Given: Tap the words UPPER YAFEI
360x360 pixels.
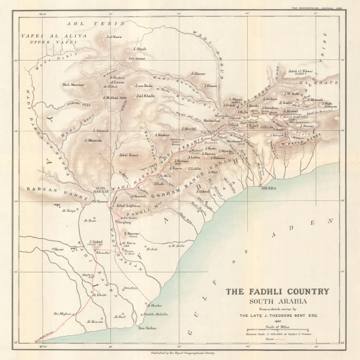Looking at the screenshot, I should tap(41, 43).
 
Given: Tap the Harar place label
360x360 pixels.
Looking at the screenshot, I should tap(58, 248).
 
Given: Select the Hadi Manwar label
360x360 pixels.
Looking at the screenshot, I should tap(73, 85).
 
